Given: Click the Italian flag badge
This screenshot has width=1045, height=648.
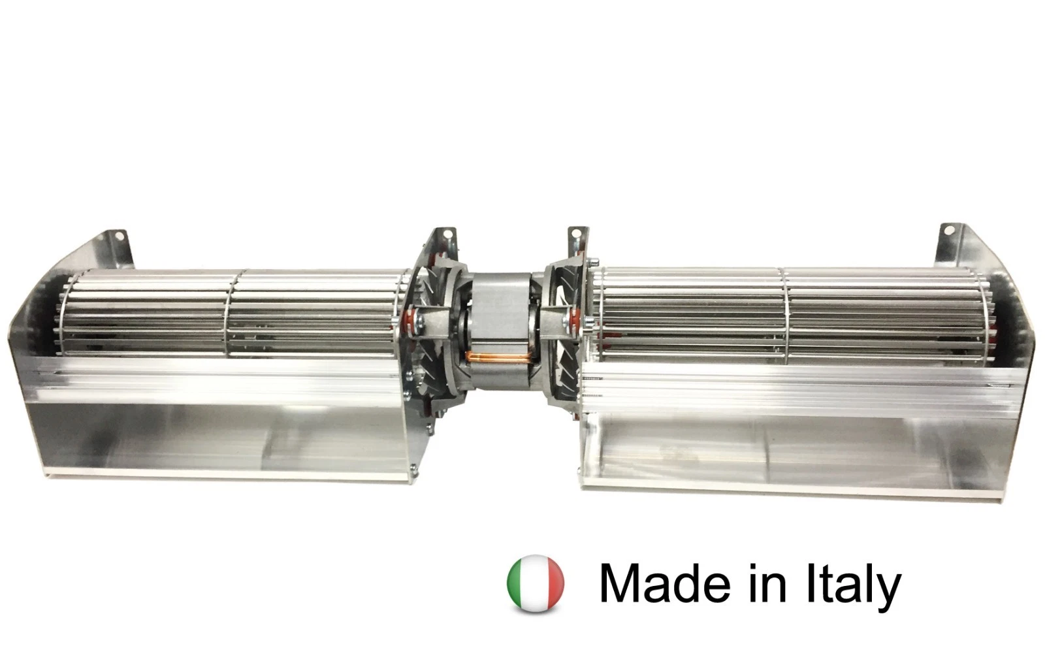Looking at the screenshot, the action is [535, 583].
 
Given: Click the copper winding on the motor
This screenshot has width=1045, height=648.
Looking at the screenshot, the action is [500, 358].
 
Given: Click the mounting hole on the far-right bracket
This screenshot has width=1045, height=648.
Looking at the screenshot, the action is [950, 229].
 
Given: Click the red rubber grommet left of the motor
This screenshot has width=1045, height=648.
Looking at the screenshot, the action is [411, 321].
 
